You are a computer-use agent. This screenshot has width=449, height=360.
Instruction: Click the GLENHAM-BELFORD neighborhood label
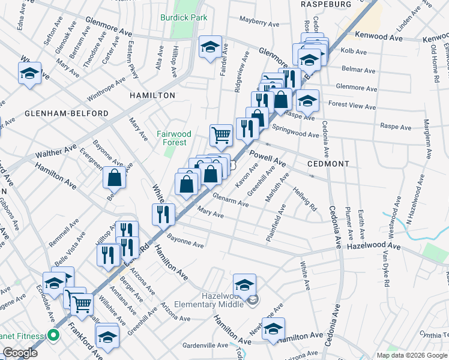(67, 113)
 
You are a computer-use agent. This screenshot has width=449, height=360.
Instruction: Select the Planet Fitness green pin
(53, 335)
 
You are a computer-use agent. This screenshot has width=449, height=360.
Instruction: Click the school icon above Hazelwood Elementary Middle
(244, 284)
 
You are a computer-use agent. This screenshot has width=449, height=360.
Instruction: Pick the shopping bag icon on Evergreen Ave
(114, 178)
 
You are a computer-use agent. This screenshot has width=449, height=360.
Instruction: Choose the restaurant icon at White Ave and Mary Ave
(163, 214)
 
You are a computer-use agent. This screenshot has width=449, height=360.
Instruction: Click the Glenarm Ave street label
(231, 203)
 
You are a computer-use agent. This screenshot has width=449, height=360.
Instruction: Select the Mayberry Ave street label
(260, 25)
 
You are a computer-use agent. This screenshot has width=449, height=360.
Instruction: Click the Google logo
(19, 353)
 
